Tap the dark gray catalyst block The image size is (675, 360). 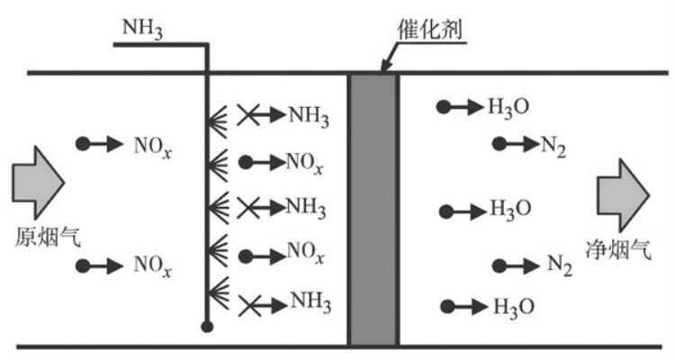point(373,208)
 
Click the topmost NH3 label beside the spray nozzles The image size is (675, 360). point(308,116)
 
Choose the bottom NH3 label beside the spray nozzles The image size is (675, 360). point(308,304)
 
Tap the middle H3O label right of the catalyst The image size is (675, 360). point(509,211)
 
